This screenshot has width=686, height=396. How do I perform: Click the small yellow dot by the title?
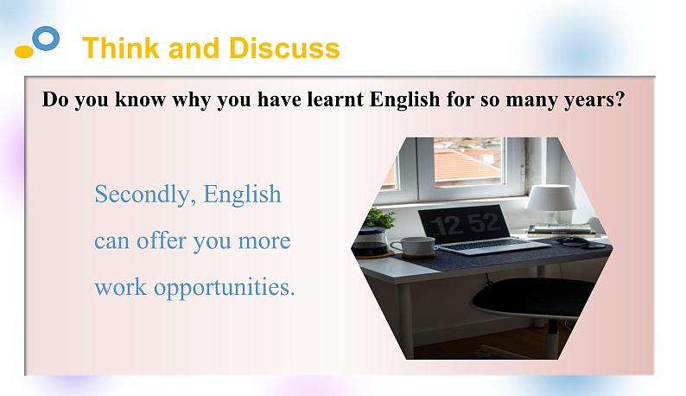click(x=24, y=52)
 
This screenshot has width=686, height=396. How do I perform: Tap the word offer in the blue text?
click(x=162, y=240)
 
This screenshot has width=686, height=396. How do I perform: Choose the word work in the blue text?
click(x=121, y=286)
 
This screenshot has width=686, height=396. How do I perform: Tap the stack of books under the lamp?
click(x=561, y=230)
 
